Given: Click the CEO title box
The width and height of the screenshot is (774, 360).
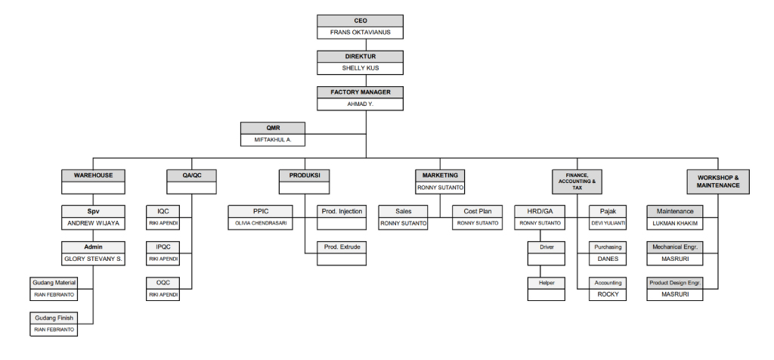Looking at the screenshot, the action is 360,20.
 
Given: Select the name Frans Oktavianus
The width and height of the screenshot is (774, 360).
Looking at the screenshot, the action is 360,32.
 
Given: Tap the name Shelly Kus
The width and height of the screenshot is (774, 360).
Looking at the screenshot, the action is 360,68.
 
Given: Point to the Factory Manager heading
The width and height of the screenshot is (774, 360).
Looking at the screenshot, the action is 360,92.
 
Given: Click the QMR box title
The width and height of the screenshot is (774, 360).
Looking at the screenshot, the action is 273,127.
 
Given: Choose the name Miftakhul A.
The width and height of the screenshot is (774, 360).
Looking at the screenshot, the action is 273,140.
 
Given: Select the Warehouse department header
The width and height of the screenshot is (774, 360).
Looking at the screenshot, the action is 93,175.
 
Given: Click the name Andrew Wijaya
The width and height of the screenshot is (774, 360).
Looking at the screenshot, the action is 93,223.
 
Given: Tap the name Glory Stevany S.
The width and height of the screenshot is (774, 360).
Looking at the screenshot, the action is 93,259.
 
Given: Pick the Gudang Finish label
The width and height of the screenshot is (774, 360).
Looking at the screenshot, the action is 54,318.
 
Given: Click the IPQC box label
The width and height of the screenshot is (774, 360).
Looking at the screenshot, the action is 163,247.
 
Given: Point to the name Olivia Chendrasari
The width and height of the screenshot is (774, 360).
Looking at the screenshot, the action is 260,223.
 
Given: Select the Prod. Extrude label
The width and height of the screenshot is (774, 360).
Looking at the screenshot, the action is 342,247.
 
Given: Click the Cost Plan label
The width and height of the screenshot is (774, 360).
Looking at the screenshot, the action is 478,211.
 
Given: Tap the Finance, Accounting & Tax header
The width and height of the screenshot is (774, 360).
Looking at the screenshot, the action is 577,182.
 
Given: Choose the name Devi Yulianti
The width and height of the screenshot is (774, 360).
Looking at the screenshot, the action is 608,223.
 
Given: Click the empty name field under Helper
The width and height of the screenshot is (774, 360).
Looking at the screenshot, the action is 546,295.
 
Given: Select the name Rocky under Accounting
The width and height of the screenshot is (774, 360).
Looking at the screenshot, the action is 608,294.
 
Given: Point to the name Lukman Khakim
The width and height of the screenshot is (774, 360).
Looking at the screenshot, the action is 675,223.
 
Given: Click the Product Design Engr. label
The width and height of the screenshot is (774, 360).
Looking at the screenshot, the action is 675,283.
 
